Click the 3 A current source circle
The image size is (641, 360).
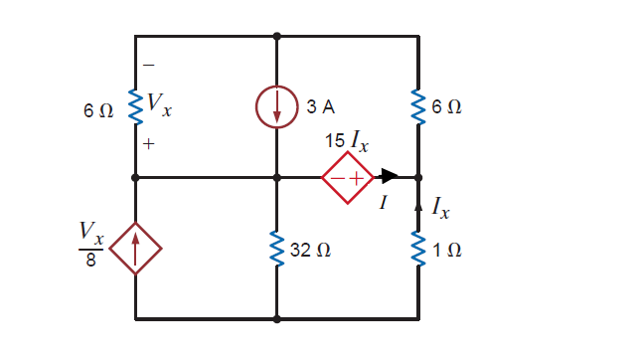277,107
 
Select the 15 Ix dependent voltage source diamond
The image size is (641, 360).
347,178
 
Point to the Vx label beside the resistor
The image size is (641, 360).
158,102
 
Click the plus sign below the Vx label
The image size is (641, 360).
149,144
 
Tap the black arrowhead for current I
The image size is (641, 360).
390,178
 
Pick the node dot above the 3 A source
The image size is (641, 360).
277,36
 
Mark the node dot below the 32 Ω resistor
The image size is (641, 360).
277,319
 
